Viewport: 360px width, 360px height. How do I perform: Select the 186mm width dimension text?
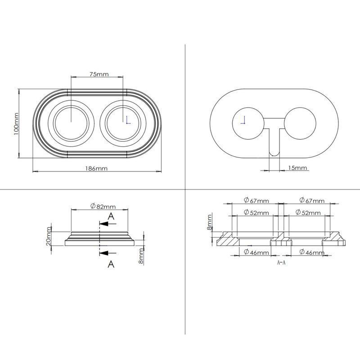(96, 168)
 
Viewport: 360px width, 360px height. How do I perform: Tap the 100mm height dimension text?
(16, 124)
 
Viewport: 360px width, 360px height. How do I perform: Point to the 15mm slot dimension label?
(297, 168)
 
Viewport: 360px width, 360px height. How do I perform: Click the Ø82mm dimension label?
(103, 206)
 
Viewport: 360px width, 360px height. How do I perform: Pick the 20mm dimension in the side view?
(49, 236)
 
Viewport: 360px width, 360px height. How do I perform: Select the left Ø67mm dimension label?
(256, 200)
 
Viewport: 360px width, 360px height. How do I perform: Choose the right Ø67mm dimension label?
(312, 200)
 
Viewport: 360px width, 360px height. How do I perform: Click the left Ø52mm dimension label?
(256, 212)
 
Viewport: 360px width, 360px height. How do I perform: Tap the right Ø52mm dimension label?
(308, 212)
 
